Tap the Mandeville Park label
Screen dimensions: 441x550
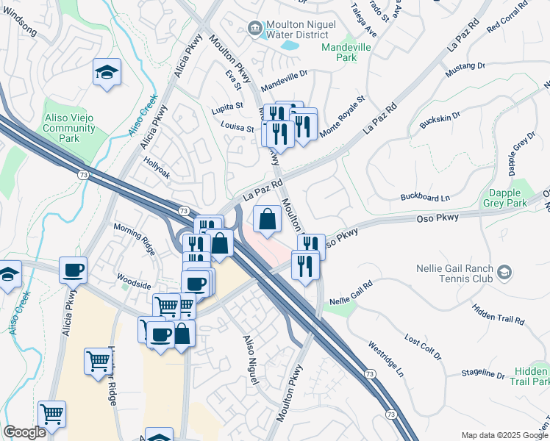coord(349,52)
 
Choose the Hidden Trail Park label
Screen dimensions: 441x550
coord(531,377)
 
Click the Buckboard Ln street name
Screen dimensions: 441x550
coord(424,198)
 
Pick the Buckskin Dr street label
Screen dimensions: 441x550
coord(440,117)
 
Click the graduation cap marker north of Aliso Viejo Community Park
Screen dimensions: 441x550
coord(107,73)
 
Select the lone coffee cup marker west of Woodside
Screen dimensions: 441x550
coord(74,270)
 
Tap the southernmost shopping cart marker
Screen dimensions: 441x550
coord(51,414)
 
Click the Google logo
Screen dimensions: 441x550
coord(24,432)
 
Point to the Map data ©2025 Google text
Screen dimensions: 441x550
coord(504,435)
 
